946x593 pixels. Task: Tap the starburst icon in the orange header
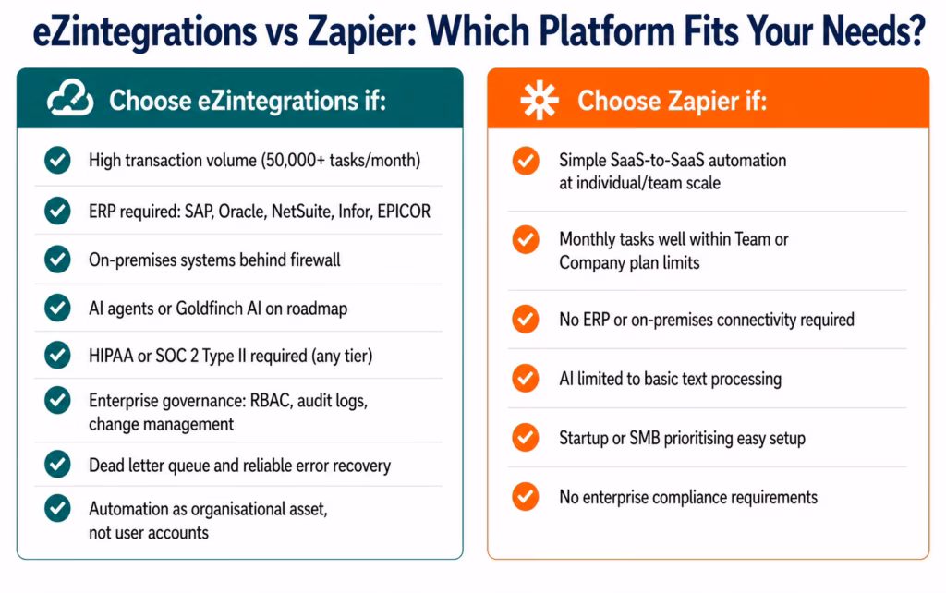coord(539,100)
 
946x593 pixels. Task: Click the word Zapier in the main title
coord(352,34)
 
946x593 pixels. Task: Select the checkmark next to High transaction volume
coord(57,161)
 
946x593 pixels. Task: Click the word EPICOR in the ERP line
coord(403,212)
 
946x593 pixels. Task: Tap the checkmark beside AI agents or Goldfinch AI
coord(57,309)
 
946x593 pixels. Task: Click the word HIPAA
coord(111,356)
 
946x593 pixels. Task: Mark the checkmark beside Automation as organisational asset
coord(57,508)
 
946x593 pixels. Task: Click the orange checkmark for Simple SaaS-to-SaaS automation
coord(525,162)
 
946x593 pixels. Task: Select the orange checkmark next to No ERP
coord(525,320)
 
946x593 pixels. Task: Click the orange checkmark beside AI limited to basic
coord(525,378)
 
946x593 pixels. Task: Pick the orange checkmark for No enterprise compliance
coord(525,497)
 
